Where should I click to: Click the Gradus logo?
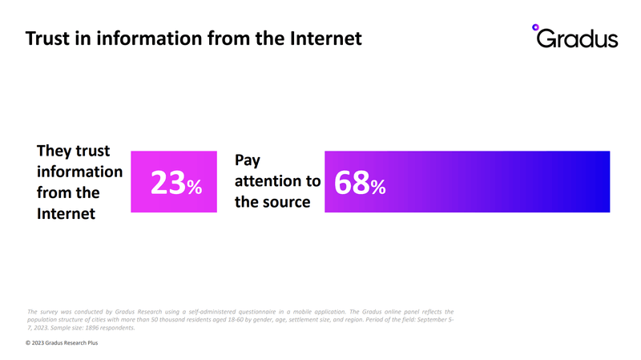coord(574,36)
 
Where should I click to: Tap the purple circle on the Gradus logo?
coord(535,27)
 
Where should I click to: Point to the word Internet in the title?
coord(326,38)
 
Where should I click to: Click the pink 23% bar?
coord(174,182)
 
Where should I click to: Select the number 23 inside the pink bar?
coord(168,183)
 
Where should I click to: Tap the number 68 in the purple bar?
coord(352,183)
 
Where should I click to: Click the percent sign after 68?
coord(378,187)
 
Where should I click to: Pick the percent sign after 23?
coord(195,187)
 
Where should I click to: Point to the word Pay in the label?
coord(248,160)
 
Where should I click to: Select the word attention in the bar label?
coord(268,181)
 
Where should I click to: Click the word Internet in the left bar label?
coord(66,213)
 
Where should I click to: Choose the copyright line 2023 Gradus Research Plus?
coord(62,343)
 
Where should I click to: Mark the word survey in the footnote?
coord(49,312)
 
